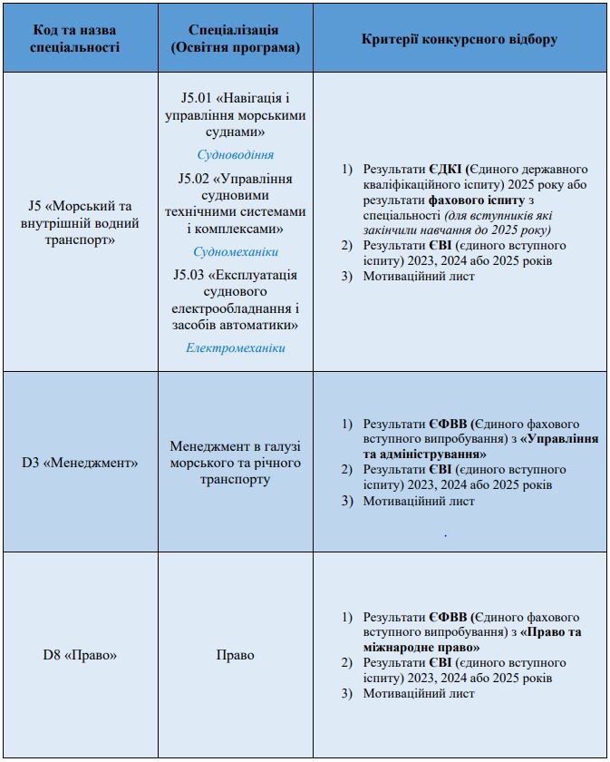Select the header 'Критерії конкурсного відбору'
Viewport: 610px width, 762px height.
tap(460, 39)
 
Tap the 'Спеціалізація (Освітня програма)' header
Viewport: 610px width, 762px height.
tap(235, 38)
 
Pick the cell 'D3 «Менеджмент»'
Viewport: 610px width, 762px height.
tap(80, 463)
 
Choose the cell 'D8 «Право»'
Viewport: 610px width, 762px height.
tap(80, 654)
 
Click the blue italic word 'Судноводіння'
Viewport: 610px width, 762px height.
tap(235, 154)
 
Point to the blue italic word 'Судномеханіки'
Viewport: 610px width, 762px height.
tap(235, 251)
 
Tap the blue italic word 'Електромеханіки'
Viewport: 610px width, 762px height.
tap(235, 347)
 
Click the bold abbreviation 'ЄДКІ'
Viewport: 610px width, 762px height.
tap(447, 169)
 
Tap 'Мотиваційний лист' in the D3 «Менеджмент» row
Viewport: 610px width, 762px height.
tap(419, 501)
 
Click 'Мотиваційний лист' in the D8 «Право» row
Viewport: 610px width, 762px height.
tap(419, 694)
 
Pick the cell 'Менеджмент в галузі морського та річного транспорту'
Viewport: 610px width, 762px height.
tap(235, 463)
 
